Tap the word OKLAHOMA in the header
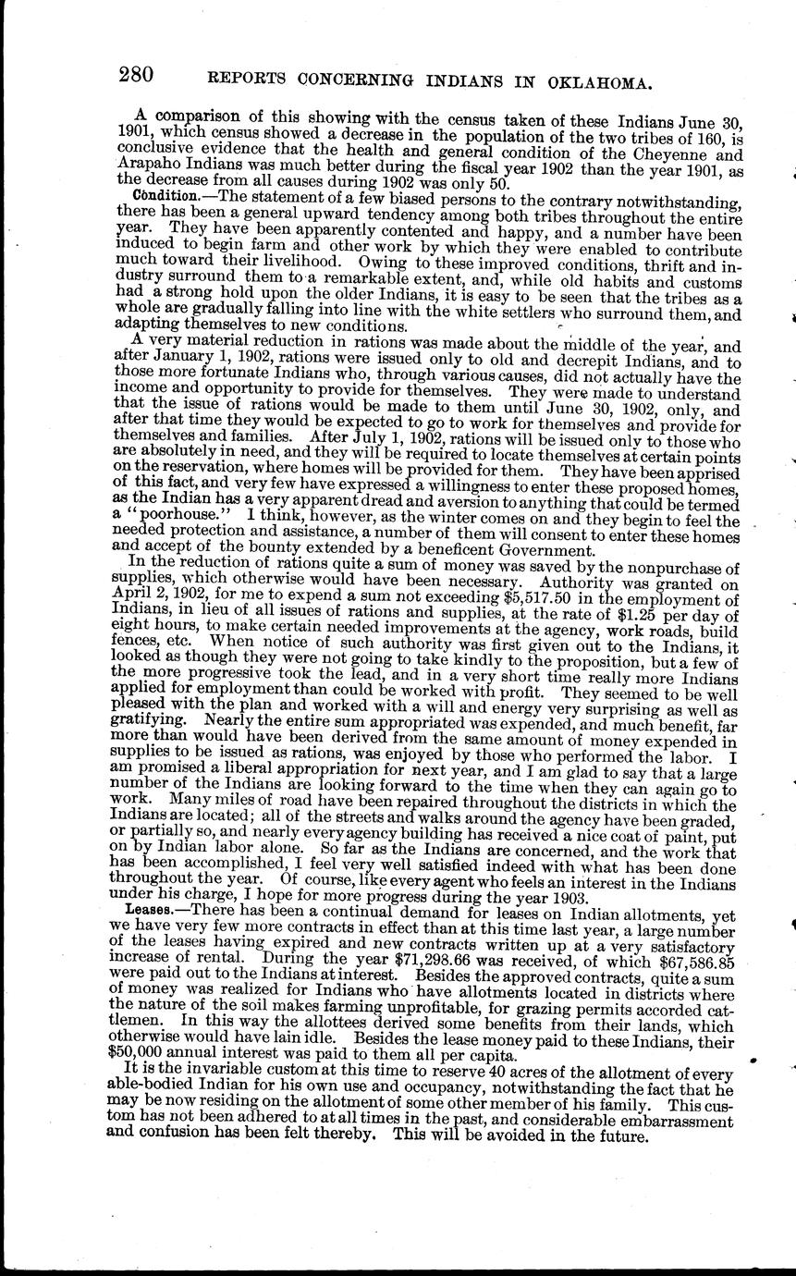coord(605,81)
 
